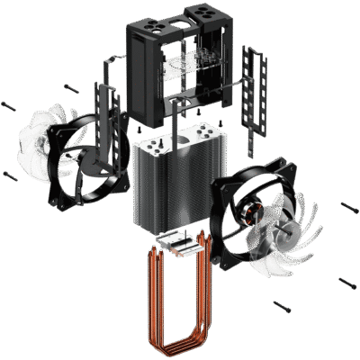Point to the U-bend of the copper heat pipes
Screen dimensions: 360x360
click(180, 337)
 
